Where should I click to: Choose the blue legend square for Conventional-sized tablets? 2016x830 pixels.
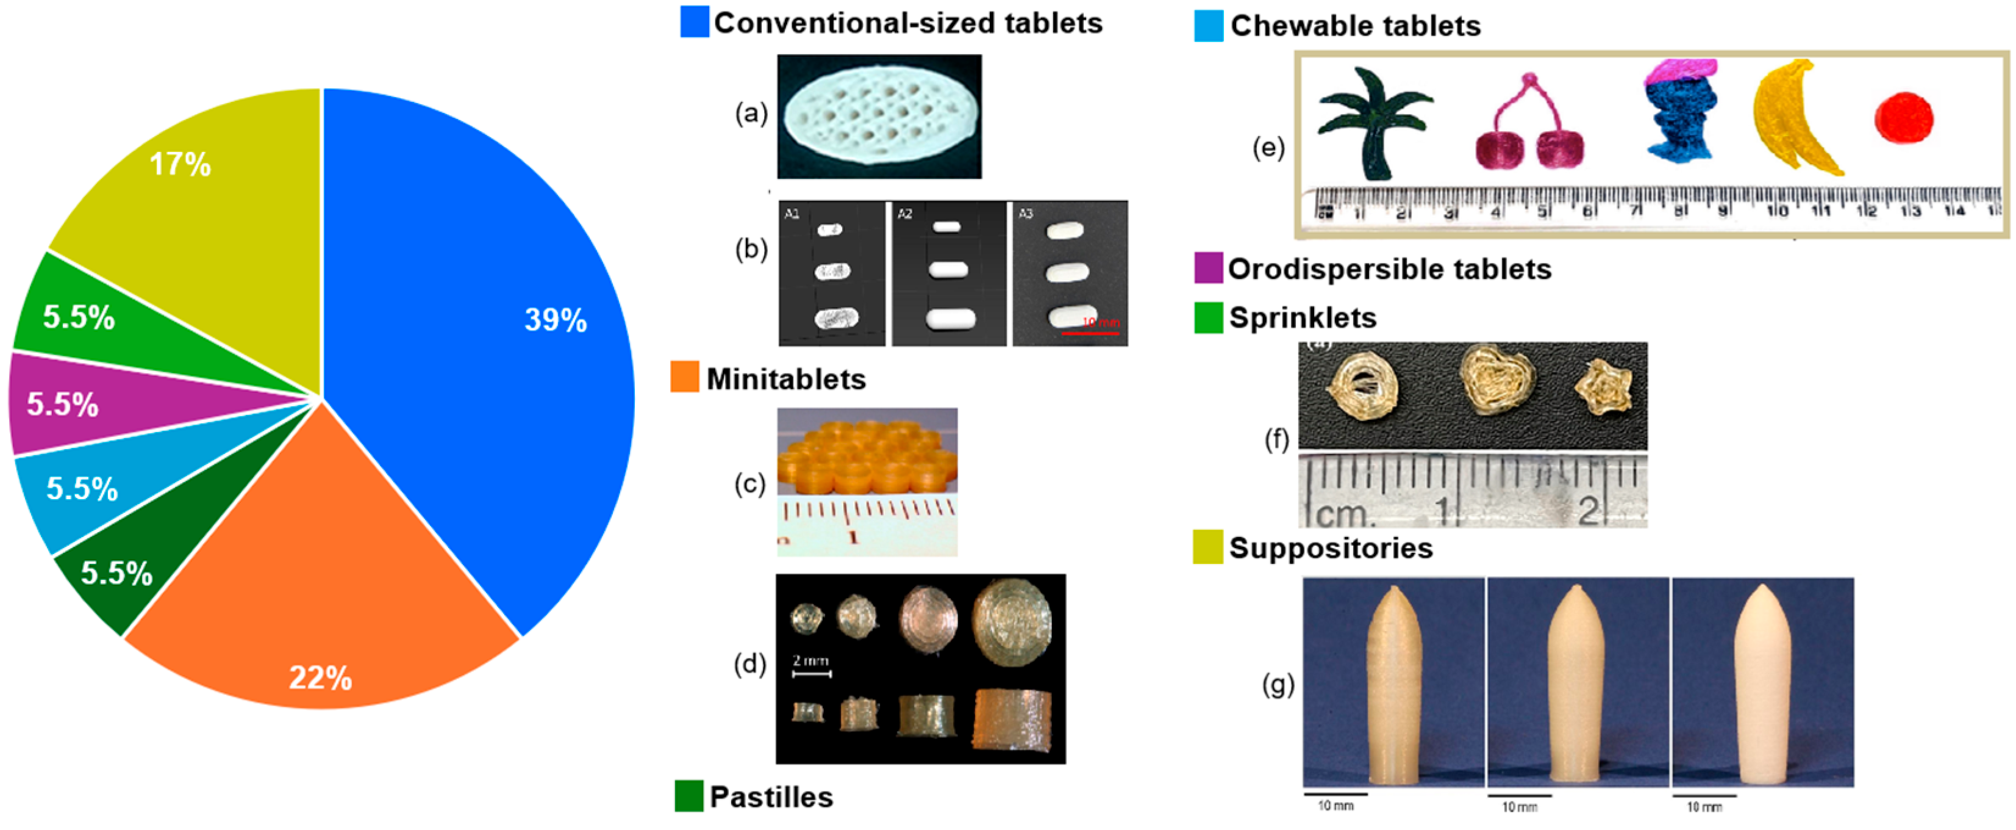tap(694, 22)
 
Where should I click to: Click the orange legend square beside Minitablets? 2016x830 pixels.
tap(684, 377)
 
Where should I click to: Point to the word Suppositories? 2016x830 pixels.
tap(1331, 547)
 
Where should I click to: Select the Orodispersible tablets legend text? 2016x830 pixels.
tap(1389, 269)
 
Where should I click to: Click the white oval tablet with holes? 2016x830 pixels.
tap(879, 116)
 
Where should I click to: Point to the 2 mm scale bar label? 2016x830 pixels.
tap(811, 661)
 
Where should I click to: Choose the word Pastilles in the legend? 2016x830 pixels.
tap(771, 796)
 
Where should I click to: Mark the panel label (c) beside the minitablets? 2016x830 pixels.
tap(749, 484)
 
